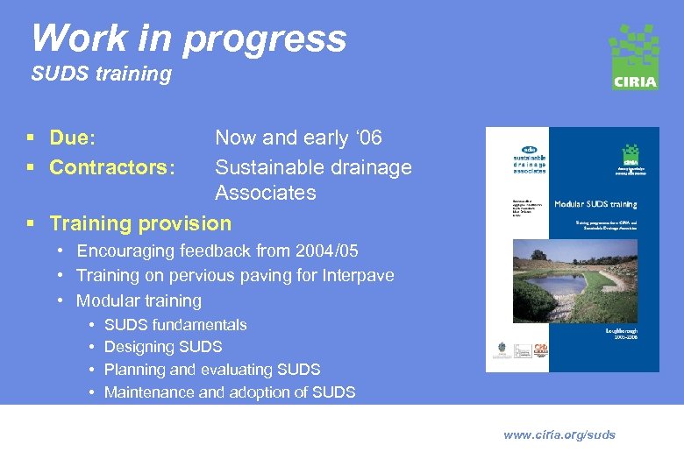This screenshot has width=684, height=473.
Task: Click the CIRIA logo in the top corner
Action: pyautogui.click(x=634, y=57)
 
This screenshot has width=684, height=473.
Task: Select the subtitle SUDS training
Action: pyautogui.click(x=101, y=74)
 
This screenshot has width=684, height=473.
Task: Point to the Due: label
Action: pyautogui.click(x=73, y=138)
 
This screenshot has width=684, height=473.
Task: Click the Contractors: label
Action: pyautogui.click(x=112, y=167)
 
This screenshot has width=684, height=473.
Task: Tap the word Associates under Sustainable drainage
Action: pyautogui.click(x=265, y=193)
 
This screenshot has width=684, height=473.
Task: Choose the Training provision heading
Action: pyautogui.click(x=140, y=223)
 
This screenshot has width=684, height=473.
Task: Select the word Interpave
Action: pyautogui.click(x=357, y=276)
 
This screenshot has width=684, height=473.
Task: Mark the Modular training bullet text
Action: pyautogui.click(x=139, y=301)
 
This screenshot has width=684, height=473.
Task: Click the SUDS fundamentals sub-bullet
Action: pyautogui.click(x=175, y=325)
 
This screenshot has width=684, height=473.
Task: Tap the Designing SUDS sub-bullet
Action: pyautogui.click(x=163, y=348)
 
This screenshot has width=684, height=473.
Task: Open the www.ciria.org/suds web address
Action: pyautogui.click(x=559, y=435)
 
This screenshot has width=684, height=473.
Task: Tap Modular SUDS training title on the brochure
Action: pyautogui.click(x=595, y=204)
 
